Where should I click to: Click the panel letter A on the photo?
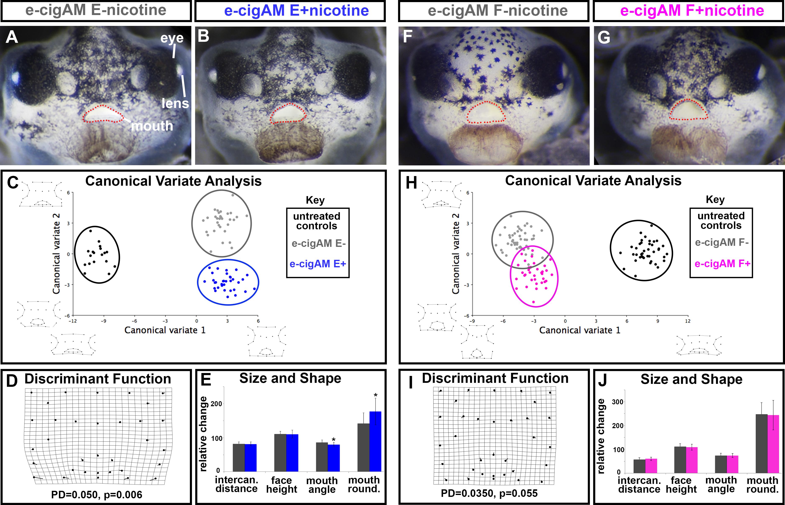click(12, 37)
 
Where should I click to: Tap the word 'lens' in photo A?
click(175, 104)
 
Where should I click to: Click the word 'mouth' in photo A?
click(152, 126)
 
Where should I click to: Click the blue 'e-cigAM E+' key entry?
click(317, 264)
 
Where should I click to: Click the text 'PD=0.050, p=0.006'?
click(97, 495)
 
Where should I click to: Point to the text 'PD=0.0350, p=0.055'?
click(489, 493)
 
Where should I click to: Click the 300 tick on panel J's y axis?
click(618, 402)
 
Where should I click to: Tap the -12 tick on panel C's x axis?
click(73, 321)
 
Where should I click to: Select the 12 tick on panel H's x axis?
click(688, 321)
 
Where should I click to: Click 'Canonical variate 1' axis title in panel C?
click(165, 330)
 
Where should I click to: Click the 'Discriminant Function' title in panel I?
click(495, 378)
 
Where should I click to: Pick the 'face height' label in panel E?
click(281, 485)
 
